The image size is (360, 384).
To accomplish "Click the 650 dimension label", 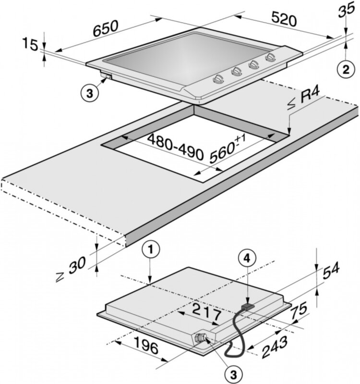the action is coord(106,28).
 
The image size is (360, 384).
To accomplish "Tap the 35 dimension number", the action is coord(346,10).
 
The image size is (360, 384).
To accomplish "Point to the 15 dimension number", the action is coord(30,45).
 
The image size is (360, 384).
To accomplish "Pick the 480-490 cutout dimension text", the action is coord(176,147).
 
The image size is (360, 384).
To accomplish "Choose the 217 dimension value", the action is coord(207,311).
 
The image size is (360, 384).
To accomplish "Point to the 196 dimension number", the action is coord(146,345).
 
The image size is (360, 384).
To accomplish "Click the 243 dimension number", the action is coord(275,347).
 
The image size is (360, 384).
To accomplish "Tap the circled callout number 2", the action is coord(346,69).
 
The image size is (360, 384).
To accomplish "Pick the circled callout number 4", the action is coord(247,258).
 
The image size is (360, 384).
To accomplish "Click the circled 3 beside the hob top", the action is coord(90,93).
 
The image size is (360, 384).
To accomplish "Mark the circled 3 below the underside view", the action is coord(233,374).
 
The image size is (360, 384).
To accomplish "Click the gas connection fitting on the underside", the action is coord(200,338).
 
